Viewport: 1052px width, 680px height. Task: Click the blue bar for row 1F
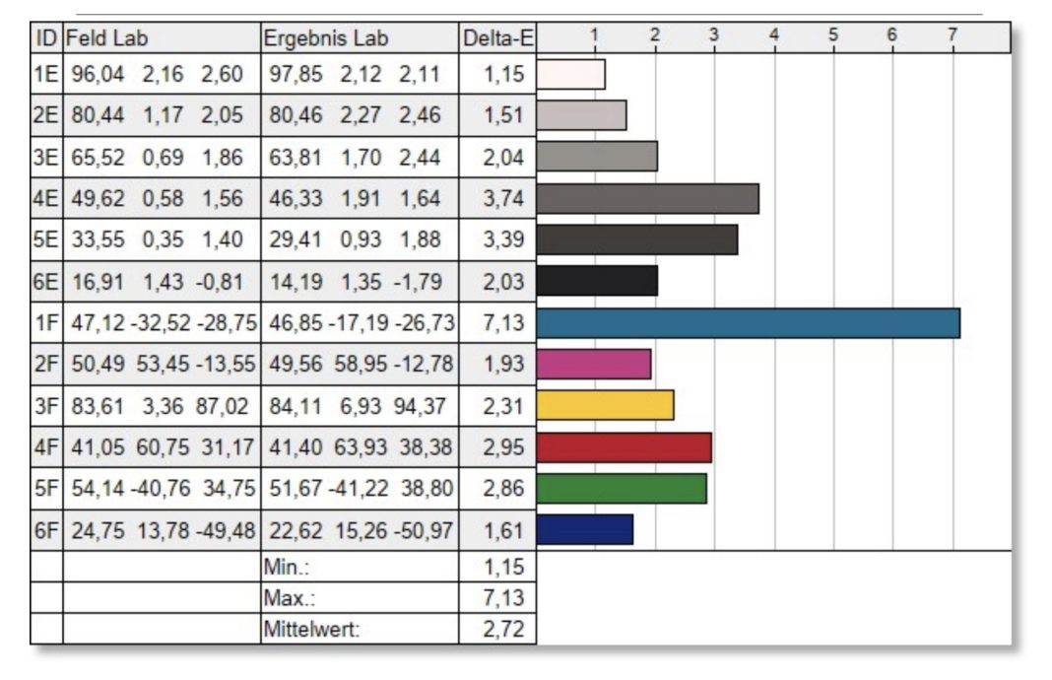click(x=749, y=323)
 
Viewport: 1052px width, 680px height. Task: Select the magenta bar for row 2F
click(x=594, y=364)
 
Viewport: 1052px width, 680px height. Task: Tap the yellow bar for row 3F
click(x=606, y=405)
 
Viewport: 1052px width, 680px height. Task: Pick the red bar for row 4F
click(x=625, y=446)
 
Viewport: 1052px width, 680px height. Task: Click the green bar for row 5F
click(x=623, y=488)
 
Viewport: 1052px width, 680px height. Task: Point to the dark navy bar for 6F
click(x=585, y=529)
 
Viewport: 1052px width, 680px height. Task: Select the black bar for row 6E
click(x=598, y=281)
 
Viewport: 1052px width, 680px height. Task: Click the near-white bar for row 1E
click(x=571, y=75)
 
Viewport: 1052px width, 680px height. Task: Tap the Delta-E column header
click(x=497, y=38)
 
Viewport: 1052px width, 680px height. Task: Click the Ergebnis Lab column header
click(x=326, y=38)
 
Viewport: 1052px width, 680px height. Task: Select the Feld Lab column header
click(x=106, y=38)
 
